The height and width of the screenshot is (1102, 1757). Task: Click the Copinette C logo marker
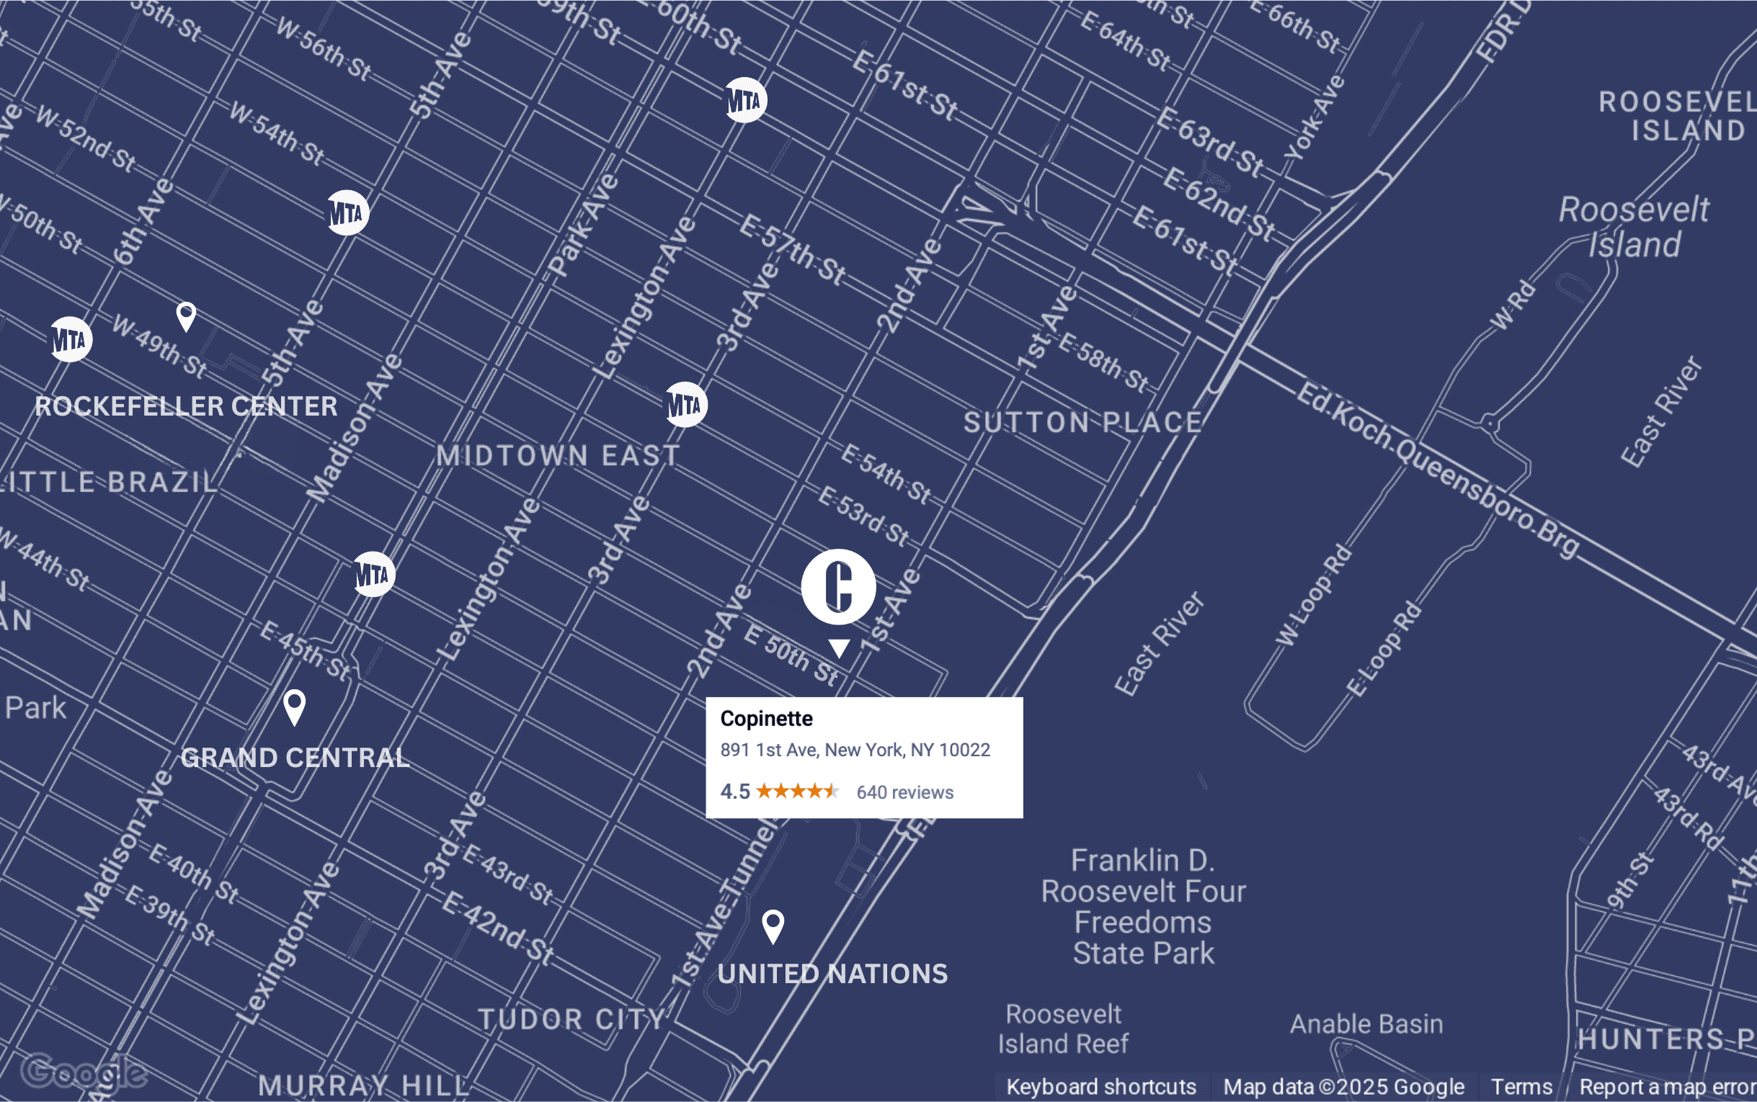(x=838, y=587)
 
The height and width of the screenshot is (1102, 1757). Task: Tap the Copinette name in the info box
(x=766, y=719)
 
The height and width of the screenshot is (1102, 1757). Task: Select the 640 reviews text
(x=904, y=792)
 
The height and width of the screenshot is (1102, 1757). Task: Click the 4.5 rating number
(x=735, y=792)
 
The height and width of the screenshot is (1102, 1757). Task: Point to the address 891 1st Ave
(x=855, y=750)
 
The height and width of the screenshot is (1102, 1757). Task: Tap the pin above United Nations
(x=773, y=926)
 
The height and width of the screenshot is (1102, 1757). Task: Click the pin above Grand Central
(x=295, y=707)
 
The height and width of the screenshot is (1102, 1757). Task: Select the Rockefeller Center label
(x=186, y=407)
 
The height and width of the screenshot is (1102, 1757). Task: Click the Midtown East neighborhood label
(x=558, y=455)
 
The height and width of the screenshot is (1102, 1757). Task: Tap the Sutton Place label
(x=1082, y=423)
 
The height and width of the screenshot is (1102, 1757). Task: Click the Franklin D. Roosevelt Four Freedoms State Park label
(x=1143, y=907)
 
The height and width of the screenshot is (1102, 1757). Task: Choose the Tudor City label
(x=572, y=1019)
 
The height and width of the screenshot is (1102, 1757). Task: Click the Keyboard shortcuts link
(x=1101, y=1087)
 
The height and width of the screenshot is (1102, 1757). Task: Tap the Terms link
(x=1521, y=1087)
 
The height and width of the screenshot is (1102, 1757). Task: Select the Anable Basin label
(x=1366, y=1024)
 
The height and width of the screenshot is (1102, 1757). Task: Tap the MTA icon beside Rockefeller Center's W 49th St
(x=71, y=340)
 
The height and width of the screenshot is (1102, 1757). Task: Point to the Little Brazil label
(x=110, y=483)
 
